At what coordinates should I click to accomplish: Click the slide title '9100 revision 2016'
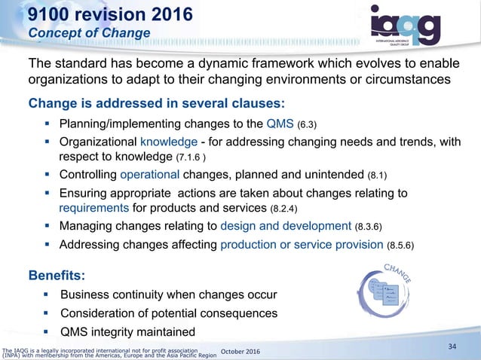[104, 14]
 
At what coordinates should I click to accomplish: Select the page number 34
[452, 346]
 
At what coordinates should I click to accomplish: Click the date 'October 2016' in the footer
[247, 351]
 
